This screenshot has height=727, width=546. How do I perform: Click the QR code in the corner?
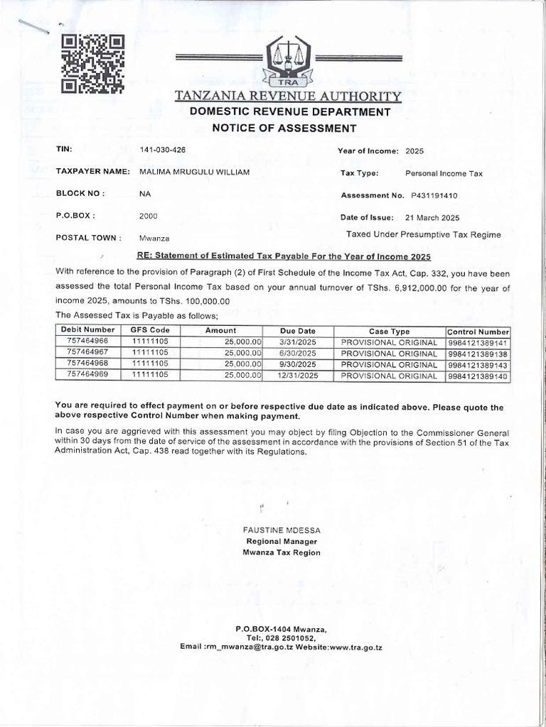[92, 64]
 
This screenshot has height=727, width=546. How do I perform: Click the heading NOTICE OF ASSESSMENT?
[284, 128]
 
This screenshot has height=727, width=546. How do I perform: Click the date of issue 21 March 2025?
[432, 217]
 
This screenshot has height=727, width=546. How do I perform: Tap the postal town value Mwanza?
[154, 239]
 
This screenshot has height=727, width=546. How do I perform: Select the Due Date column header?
[297, 331]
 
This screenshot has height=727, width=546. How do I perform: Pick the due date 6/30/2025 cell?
[298, 353]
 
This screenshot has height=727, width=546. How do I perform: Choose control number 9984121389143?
[478, 364]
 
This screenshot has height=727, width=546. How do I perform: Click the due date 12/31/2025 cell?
[298, 376]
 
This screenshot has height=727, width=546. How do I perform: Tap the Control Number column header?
[478, 332]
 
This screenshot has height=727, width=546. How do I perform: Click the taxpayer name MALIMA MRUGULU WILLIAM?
[194, 173]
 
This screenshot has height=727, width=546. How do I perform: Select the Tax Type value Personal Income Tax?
[444, 173]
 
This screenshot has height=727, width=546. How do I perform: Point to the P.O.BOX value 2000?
[149, 216]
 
